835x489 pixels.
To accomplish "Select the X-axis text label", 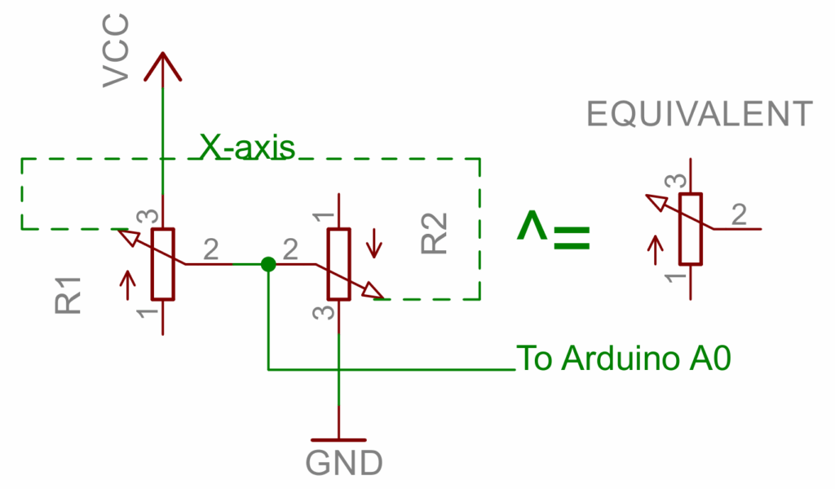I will (246, 147).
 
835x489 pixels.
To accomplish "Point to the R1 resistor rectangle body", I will (163, 263).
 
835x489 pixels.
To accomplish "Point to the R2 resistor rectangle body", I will (339, 264).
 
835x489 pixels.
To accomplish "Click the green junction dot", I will (267, 264).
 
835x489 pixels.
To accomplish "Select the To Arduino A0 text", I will (624, 359).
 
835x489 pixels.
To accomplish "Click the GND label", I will (344, 463).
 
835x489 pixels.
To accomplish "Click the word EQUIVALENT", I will (700, 115).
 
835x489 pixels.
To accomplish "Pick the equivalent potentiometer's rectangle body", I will (691, 229).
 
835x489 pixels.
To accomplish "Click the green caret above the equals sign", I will (532, 225).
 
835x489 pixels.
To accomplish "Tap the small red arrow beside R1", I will (127, 282).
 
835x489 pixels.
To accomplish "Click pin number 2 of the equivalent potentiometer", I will (739, 215).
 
